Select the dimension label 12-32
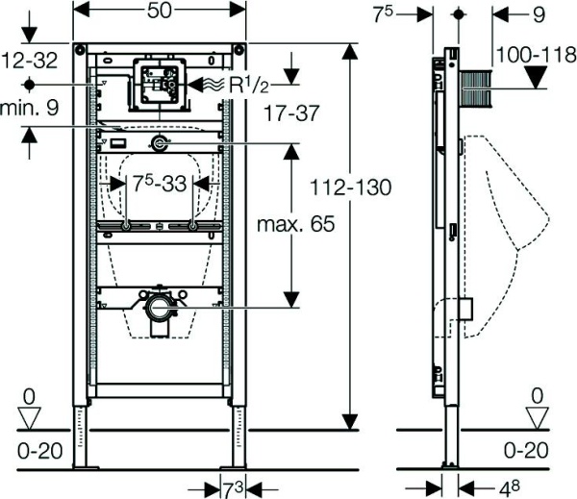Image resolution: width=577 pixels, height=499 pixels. point(29,61)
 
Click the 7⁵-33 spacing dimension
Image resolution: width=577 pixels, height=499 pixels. point(161,184)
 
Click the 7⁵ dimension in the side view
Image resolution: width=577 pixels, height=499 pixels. point(390,13)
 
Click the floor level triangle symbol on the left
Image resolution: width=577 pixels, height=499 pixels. point(30,415)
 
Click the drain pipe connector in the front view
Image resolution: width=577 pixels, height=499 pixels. point(160,309)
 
